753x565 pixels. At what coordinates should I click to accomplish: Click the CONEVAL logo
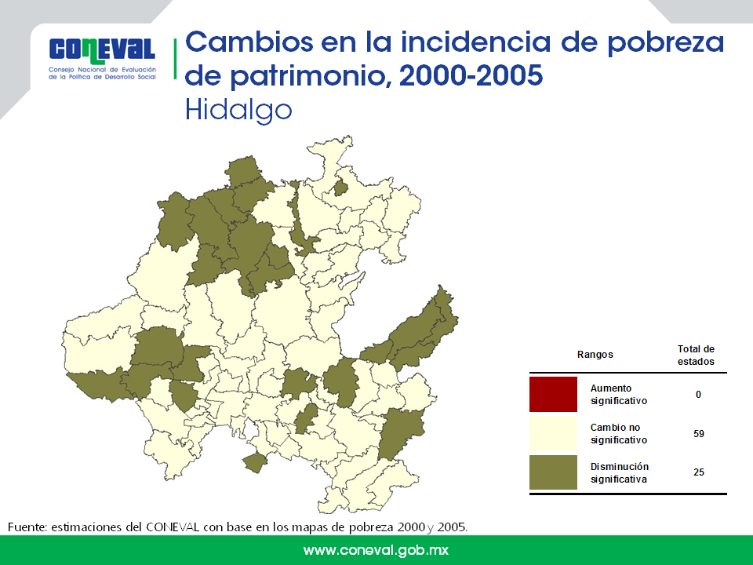click(x=102, y=58)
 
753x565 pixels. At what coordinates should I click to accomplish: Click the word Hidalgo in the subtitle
click(x=238, y=111)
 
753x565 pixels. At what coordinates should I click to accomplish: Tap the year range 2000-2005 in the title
click(x=471, y=75)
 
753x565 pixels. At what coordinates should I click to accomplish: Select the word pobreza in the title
click(x=665, y=42)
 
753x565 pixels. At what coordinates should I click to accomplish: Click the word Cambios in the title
click(x=249, y=42)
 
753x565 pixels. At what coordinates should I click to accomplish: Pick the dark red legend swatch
click(x=553, y=395)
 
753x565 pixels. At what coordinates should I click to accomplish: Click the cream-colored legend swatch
click(x=553, y=433)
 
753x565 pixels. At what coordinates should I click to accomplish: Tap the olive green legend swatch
click(x=553, y=472)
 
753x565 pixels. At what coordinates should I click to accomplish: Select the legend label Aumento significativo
click(x=619, y=395)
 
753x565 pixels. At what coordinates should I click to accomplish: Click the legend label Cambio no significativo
click(x=619, y=433)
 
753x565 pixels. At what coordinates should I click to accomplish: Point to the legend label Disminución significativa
click(x=620, y=472)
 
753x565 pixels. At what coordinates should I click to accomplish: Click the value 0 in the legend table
click(x=698, y=395)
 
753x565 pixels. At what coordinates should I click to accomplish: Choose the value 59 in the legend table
click(x=699, y=434)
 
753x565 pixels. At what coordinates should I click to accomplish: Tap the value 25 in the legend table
click(x=699, y=472)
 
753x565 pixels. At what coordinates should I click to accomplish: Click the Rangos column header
click(x=595, y=355)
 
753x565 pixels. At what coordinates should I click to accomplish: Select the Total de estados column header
click(x=696, y=355)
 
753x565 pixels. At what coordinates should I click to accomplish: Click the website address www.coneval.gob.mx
click(x=376, y=550)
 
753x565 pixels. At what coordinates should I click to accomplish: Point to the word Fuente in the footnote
click(x=27, y=527)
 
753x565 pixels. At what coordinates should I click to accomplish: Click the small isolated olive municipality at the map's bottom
click(x=254, y=462)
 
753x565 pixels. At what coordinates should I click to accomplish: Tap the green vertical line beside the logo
click(x=175, y=59)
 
